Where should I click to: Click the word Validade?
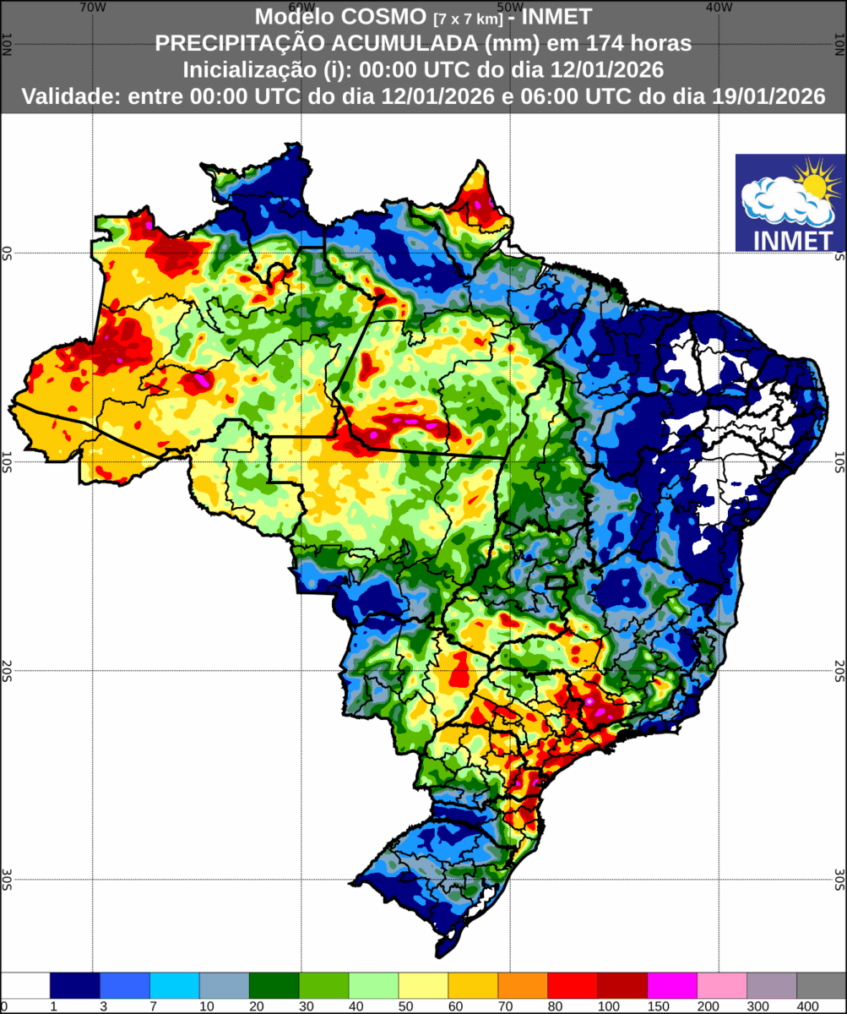(70, 96)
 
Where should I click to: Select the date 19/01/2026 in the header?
(766, 96)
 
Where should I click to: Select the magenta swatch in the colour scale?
(672, 985)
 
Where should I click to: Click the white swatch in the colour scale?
(25, 985)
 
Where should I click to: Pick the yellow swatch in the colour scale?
(423, 985)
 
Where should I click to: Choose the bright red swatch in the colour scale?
(573, 985)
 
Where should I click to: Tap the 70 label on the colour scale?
(497, 1006)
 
